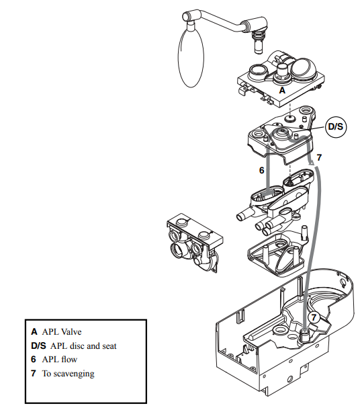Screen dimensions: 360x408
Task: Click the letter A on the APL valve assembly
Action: click(282, 90)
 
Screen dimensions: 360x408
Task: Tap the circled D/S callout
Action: click(336, 127)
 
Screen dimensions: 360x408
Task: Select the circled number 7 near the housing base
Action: click(314, 317)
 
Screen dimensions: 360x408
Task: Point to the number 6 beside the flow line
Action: click(261, 170)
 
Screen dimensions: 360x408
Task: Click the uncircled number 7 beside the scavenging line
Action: click(319, 157)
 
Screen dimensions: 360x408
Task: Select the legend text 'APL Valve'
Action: click(62, 332)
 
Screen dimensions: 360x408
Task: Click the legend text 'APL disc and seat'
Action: click(83, 345)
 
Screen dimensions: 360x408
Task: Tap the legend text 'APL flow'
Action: click(60, 360)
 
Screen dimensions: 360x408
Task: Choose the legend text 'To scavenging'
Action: click(68, 374)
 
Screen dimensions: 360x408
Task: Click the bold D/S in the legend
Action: click(38, 345)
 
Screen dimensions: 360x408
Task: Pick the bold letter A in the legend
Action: click(34, 332)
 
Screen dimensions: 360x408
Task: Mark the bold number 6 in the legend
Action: click(34, 360)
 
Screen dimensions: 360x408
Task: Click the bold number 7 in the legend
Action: click(34, 374)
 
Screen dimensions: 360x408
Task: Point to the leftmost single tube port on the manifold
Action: click(243, 216)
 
